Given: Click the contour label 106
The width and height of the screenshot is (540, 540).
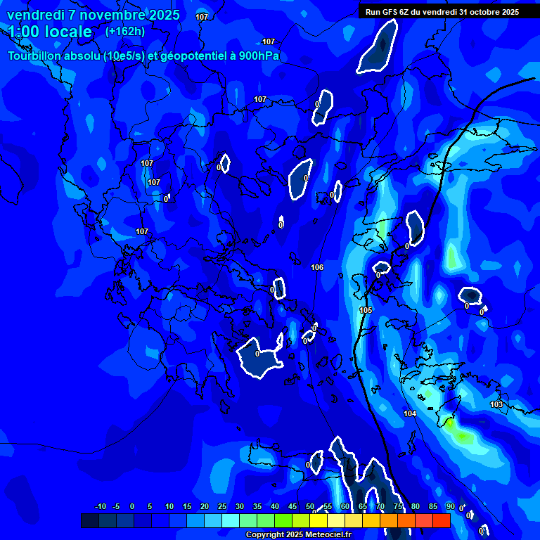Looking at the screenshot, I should click(317, 267).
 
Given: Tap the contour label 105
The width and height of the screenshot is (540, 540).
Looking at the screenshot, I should click(366, 310).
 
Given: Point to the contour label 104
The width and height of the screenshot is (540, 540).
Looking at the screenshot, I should click(410, 413).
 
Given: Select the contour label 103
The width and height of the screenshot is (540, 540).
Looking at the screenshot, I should click(496, 404).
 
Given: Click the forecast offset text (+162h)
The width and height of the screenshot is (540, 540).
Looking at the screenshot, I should click(125, 32).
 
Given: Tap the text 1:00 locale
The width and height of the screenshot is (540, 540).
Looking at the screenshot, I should click(50, 32).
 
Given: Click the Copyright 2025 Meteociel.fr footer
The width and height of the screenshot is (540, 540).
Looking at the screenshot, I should click(298, 535).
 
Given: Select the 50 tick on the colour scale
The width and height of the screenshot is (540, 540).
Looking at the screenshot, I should click(310, 506).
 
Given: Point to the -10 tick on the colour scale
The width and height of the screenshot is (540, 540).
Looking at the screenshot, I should click(100, 506).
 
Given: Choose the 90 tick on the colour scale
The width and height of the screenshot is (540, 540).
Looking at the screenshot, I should click(450, 506).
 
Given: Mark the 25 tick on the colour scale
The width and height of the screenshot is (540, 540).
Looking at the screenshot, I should click(222, 506).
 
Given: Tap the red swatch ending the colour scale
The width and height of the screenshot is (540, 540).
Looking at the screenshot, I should click(441, 520).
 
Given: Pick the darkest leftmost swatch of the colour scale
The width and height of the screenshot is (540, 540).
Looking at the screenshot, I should click(90, 520).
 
